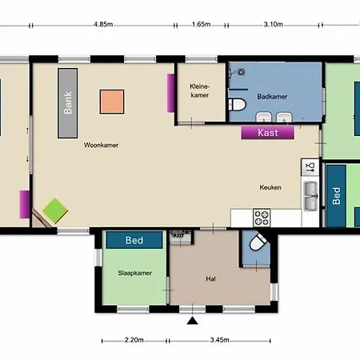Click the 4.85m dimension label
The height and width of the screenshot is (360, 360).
103,25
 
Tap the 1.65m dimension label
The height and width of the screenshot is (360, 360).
202,25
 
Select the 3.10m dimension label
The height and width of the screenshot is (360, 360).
274,25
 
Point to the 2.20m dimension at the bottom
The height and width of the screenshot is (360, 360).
134,340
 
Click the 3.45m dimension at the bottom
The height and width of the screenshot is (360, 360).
219,340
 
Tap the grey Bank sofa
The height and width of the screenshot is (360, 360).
68,103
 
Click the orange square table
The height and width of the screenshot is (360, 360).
112,102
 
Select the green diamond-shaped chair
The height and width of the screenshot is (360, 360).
55,210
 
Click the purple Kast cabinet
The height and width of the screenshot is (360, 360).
268,133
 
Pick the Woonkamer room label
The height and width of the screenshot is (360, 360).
101,145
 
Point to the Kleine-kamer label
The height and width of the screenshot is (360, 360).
200,90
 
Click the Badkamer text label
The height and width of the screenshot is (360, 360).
272,97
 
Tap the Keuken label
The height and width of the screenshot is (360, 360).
270,187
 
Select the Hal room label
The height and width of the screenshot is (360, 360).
210,279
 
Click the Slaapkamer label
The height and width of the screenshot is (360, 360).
135,273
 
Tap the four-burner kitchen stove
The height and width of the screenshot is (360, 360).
262,218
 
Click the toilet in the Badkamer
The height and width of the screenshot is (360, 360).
237,105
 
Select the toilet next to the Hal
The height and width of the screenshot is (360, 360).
258,242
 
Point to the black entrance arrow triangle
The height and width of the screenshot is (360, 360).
192,321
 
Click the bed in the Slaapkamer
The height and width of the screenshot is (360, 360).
134,240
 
